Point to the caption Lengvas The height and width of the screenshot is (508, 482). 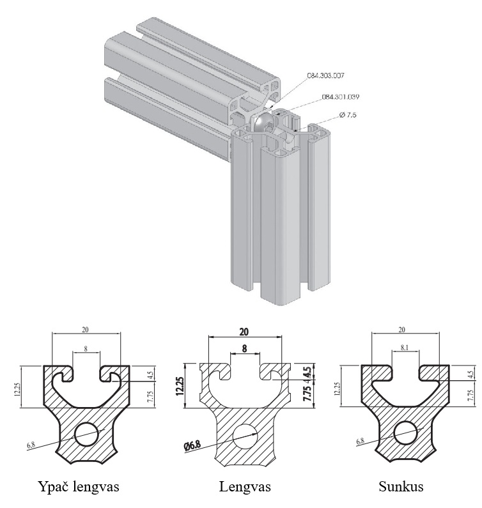point(245,487)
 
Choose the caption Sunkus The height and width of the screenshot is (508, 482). point(401,487)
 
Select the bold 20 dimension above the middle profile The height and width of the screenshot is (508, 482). point(244,332)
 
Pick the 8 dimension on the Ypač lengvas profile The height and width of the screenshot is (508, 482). point(86,348)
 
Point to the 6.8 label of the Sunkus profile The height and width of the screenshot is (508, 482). point(360,442)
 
